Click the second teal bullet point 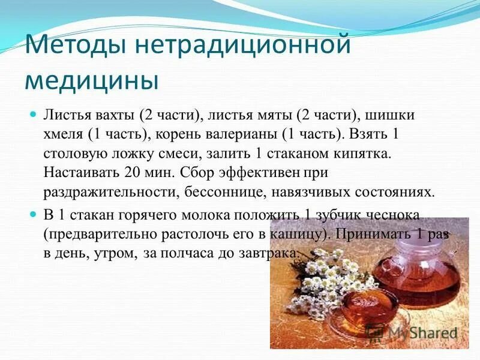click(x=34, y=214)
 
